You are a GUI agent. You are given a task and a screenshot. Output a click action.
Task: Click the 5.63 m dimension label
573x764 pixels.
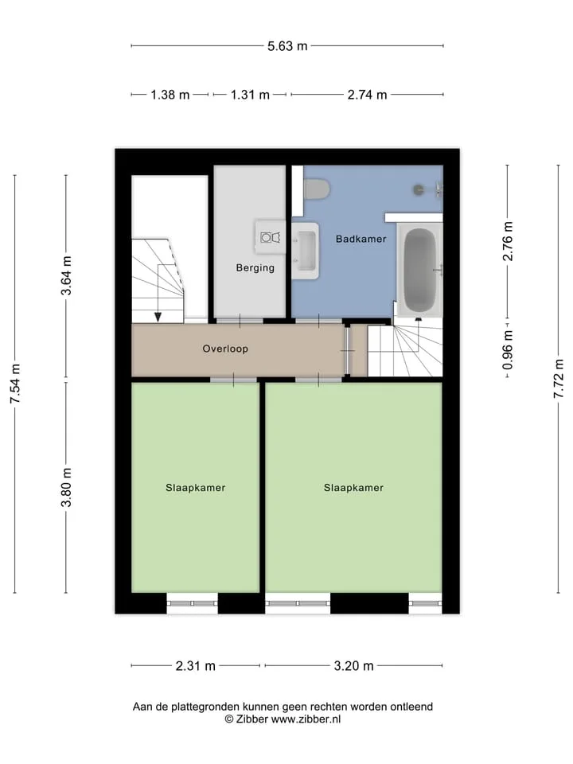tap(287, 46)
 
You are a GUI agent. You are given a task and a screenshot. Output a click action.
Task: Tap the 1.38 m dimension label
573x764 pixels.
tap(170, 95)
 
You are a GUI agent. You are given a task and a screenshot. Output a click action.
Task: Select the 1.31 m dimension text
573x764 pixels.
tap(250, 95)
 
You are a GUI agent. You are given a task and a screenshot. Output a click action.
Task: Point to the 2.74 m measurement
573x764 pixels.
tap(367, 95)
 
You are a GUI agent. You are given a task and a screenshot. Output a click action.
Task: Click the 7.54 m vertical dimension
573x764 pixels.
tap(15, 384)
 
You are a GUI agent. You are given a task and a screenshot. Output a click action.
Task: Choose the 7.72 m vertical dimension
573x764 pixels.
tap(559, 379)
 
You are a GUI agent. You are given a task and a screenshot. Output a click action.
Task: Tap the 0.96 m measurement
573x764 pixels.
tap(507, 350)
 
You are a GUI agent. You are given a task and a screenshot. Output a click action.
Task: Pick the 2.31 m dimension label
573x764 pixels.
tap(196, 665)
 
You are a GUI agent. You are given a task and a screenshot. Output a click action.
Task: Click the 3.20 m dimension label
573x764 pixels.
tap(353, 665)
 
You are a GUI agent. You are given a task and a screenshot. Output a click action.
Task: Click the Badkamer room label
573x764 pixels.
tap(361, 239)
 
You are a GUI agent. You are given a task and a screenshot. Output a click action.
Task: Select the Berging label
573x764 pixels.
tap(255, 267)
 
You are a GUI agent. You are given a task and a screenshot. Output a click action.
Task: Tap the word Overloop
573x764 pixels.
tap(225, 349)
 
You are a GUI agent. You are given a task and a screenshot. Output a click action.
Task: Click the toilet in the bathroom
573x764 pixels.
tap(316, 189)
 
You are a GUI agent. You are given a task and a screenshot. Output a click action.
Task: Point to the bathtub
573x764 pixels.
tap(420, 271)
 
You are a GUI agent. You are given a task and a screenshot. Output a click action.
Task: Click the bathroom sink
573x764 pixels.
tap(306, 251)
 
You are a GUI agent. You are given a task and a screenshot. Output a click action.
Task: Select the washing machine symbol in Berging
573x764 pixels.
tap(271, 237)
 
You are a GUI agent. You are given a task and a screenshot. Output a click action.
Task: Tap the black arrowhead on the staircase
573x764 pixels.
tap(158, 318)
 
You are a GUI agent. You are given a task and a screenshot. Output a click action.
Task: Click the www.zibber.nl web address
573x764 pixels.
tap(306, 719)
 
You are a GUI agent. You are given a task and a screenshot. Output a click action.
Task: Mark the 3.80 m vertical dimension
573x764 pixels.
tap(66, 487)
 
